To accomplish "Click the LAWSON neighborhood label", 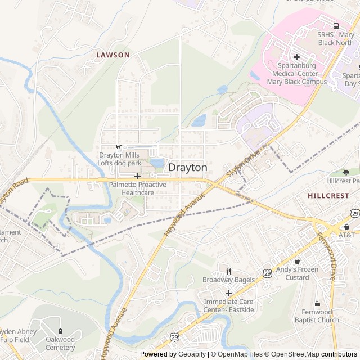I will click(112, 55).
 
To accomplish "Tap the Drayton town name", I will click(188, 168).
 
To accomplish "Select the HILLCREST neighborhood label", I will click(328, 195).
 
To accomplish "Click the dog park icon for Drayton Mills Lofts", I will click(118, 147).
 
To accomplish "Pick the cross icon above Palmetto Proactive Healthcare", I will click(137, 177).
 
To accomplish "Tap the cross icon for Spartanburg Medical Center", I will click(296, 57).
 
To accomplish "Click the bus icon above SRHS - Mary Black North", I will click(336, 26).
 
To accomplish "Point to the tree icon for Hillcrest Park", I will click(346, 173).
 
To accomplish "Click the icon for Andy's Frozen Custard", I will click(297, 261).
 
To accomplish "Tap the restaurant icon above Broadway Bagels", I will click(228, 272).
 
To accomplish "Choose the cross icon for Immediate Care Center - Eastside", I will click(228, 293).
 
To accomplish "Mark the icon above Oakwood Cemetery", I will click(60, 331).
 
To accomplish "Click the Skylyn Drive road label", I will click(244, 164).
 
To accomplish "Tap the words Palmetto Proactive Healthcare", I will click(138, 188).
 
